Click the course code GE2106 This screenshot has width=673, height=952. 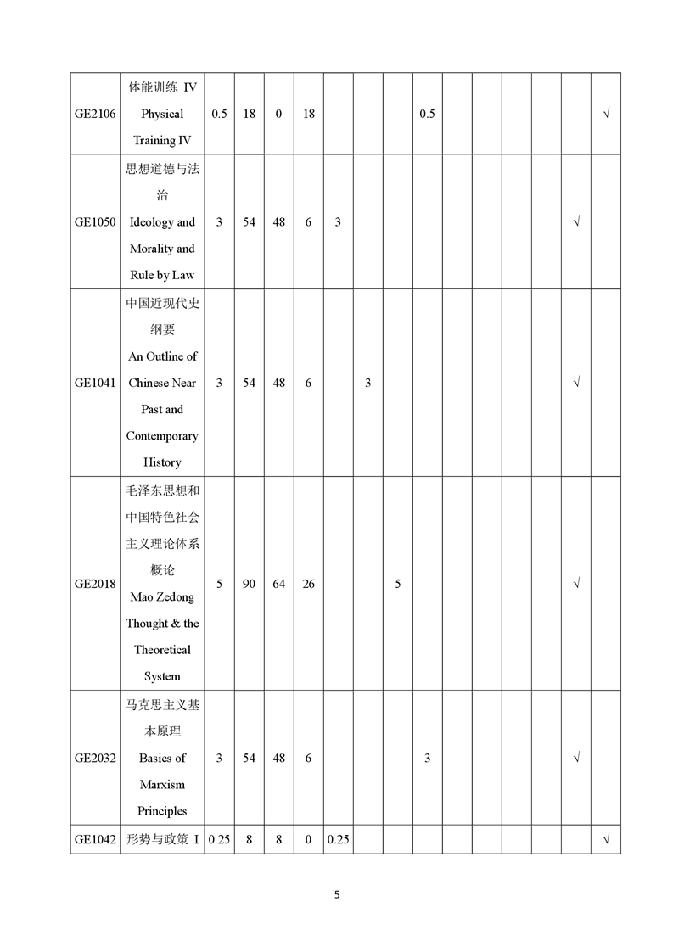pos(95,114)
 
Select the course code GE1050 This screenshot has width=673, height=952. pos(95,222)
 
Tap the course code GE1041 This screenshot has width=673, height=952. pos(95,383)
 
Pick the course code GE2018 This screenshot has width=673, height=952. pos(95,584)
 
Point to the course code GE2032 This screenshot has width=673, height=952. pos(95,758)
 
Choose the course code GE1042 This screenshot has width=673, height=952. pos(95,839)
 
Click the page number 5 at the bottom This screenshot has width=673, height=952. pos(337,893)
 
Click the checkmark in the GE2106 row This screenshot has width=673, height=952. pos(606,114)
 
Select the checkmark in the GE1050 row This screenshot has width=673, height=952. pos(576,222)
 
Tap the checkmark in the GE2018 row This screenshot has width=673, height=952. pos(576,584)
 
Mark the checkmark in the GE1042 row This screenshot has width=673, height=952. pos(606,839)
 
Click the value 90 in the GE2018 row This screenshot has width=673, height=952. pos(249,584)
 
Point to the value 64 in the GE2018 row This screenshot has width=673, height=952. pos(278,584)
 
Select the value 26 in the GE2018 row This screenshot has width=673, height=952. pos(308,584)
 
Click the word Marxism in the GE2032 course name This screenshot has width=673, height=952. pos(162,784)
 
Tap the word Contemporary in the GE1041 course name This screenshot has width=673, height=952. pos(162,436)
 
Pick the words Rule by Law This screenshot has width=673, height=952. pos(162,275)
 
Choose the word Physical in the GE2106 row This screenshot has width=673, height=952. pos(162,114)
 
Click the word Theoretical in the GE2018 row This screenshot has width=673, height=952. pos(162,650)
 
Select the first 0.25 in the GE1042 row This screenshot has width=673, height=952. pos(219,839)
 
